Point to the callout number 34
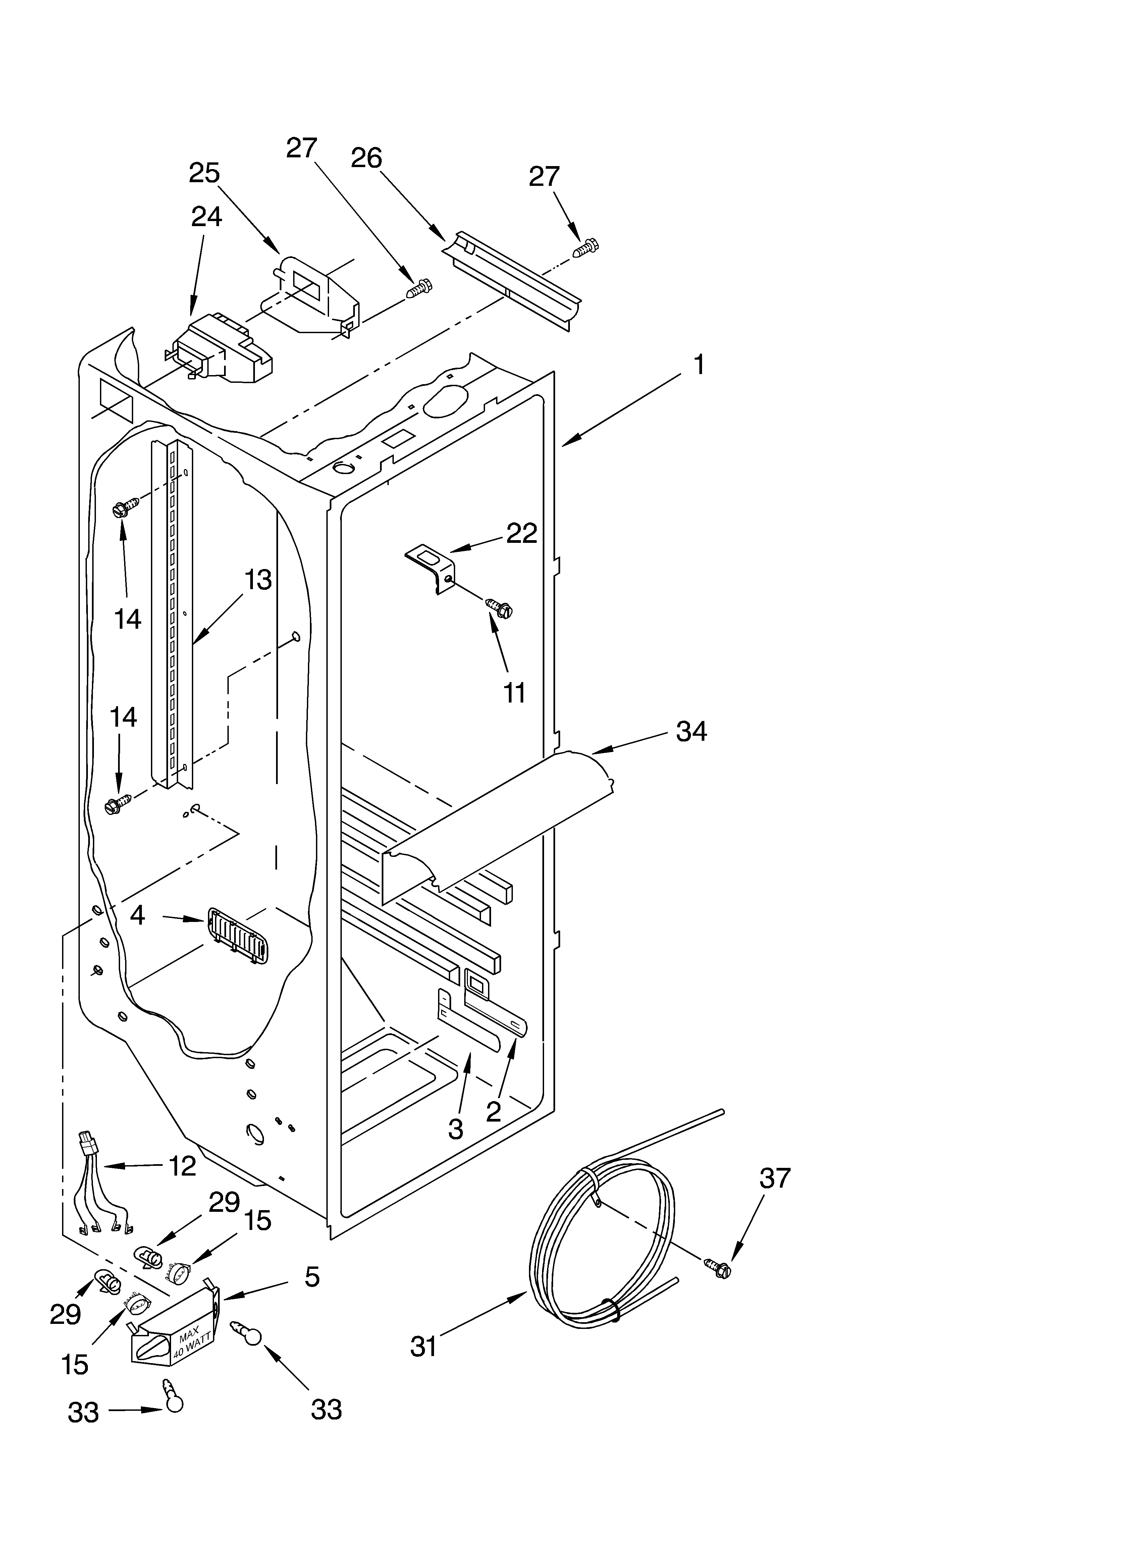[691, 732]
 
